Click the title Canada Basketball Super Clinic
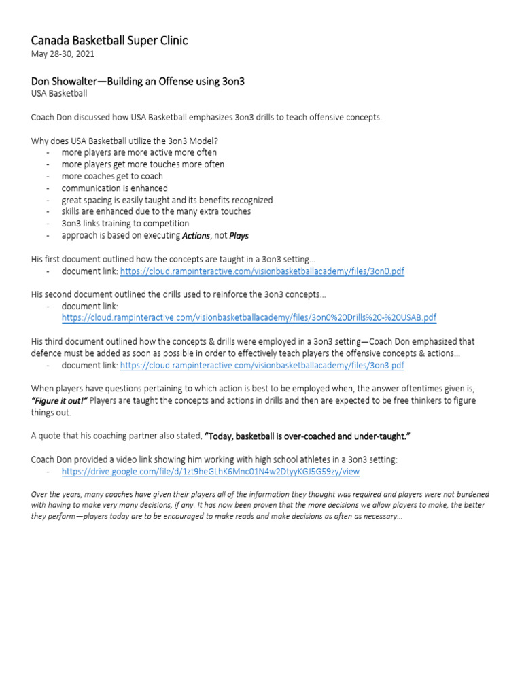[x=109, y=41]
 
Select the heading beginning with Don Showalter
[x=138, y=81]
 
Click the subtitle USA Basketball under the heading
[x=59, y=94]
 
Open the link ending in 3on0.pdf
[x=262, y=271]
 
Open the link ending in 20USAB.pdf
[x=249, y=317]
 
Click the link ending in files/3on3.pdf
[x=262, y=365]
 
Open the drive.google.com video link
[x=210, y=470]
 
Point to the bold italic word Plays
[x=239, y=235]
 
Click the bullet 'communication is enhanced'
[x=114, y=188]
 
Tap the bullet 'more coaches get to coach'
[x=112, y=176]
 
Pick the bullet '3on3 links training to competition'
[x=125, y=224]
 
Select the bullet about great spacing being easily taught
[x=167, y=200]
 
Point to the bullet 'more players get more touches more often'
[x=143, y=164]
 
